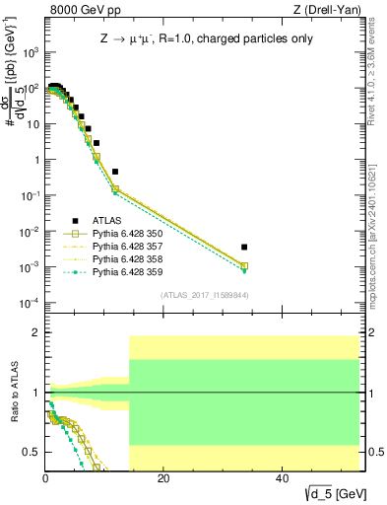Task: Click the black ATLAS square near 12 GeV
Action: tap(115, 172)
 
